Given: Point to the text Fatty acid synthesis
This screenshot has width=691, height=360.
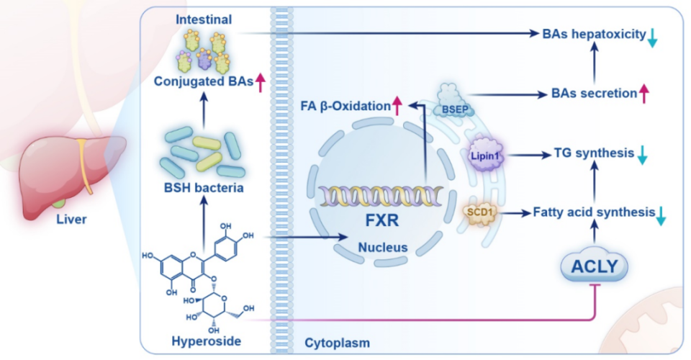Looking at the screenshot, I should tap(593, 212).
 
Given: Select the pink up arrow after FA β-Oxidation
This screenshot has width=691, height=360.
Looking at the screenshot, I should tap(396, 107).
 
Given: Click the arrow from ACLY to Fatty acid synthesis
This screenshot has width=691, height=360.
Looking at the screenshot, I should tap(594, 234).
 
